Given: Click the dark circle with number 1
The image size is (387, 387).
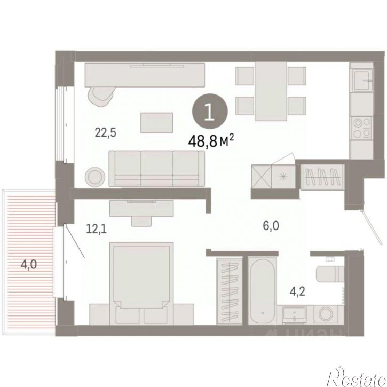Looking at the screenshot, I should click(211, 112).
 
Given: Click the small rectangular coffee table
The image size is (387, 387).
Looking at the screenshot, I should click(157, 122).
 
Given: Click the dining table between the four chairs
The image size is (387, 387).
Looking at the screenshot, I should click(271, 86).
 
